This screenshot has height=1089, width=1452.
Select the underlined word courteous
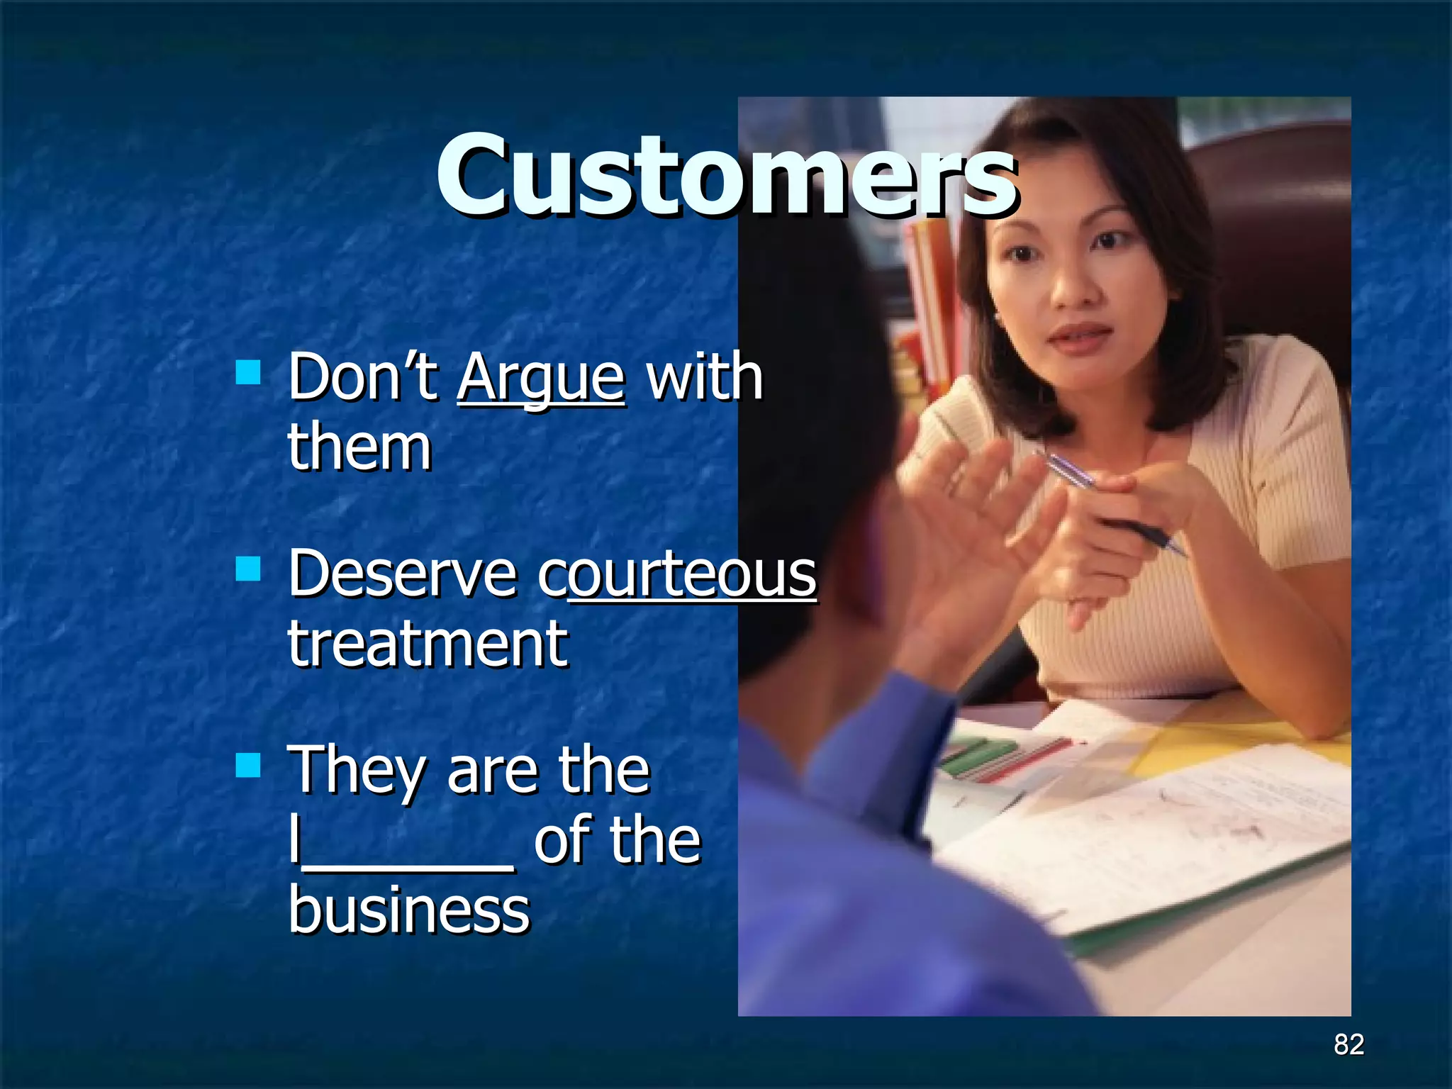pos(678,574)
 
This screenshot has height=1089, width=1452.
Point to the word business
pos(409,910)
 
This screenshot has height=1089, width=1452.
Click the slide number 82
pos(1348,1044)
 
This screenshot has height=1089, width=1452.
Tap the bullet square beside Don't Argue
pos(248,372)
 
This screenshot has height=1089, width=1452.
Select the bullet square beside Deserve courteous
pos(248,569)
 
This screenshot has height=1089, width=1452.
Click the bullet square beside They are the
pos(248,765)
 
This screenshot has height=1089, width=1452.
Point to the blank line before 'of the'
pos(404,862)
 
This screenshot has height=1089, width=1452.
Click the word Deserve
pos(403,574)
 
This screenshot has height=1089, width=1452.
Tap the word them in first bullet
pos(359,448)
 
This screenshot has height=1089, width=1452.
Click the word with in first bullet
pos(705,377)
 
